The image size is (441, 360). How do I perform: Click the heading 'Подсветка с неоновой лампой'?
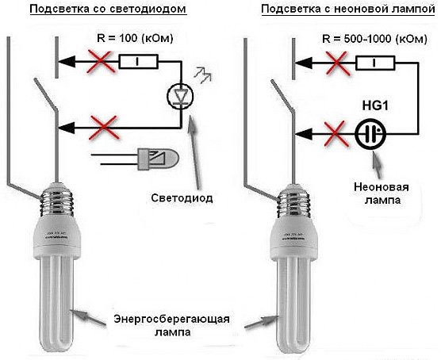pos(339,10)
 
